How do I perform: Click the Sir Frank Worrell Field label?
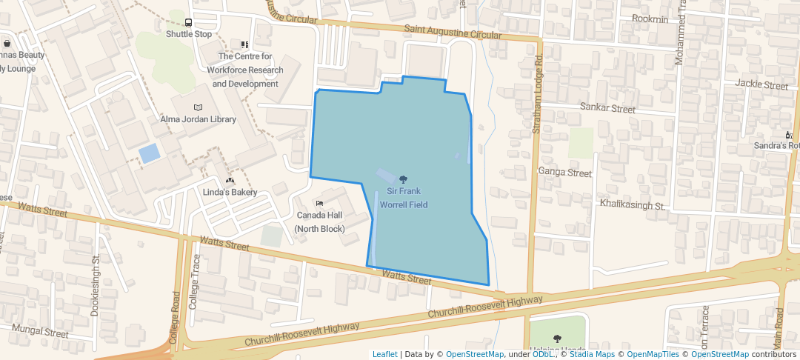pos(403,198)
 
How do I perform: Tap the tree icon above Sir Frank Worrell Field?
pos(403,179)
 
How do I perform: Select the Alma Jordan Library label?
pos(198,119)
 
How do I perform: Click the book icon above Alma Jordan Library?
pos(198,107)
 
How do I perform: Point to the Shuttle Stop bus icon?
pos(189,22)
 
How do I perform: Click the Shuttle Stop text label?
pos(189,34)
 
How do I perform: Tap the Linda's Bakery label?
pos(230,193)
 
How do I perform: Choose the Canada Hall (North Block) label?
pos(319,221)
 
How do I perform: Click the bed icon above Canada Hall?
pos(319,203)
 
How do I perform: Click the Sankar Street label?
pos(607,108)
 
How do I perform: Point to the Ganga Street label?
pos(565,173)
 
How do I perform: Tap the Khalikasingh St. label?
pos(633,204)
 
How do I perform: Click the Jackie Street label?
pos(761,85)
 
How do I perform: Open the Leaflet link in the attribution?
pos(384,354)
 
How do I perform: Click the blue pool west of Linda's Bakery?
pos(149,153)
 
